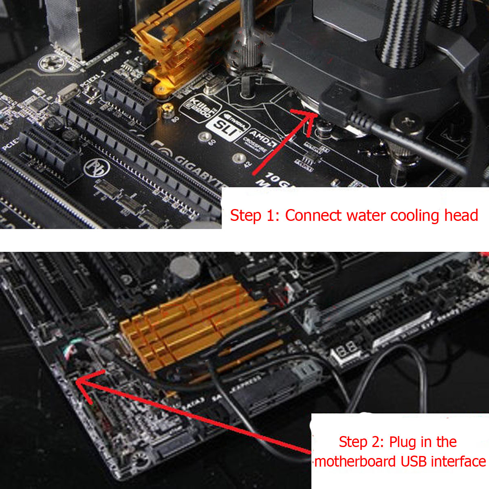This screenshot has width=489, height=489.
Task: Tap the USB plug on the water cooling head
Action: (338, 98)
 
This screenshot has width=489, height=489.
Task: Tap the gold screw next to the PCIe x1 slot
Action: (167, 109)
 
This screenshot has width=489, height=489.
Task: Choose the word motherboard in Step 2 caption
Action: (356, 462)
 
